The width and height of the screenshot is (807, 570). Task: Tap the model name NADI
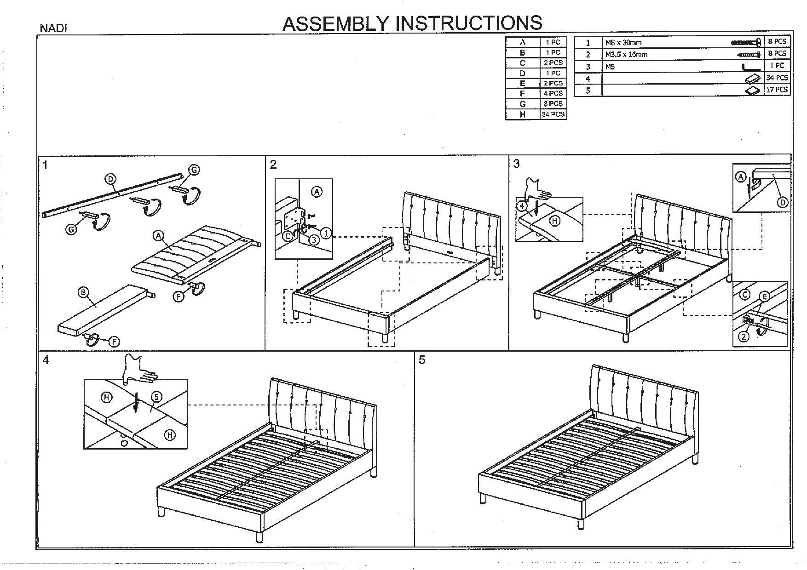pos(53,28)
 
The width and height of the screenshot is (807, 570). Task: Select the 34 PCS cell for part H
pos(553,114)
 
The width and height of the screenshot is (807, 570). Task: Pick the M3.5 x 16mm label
pos(626,55)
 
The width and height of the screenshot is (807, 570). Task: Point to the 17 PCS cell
pos(777,90)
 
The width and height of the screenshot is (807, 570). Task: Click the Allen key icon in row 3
pos(750,67)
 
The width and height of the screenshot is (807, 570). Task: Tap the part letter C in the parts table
pos(523,63)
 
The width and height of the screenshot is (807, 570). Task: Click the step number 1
pos(45,165)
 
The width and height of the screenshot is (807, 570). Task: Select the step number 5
pos(422,360)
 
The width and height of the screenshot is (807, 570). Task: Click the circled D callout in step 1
pos(110,179)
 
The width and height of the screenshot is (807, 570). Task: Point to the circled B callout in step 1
pos(83,292)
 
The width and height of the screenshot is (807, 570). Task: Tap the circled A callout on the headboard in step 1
pos(158,236)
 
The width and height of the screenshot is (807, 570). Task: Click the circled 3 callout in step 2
pos(314,239)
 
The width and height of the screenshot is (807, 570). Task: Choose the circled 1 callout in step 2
pos(326,234)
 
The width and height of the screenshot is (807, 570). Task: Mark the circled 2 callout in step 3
pos(744,337)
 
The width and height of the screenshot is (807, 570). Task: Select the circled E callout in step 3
pos(764,296)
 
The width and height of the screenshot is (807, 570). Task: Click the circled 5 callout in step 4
pos(156,396)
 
